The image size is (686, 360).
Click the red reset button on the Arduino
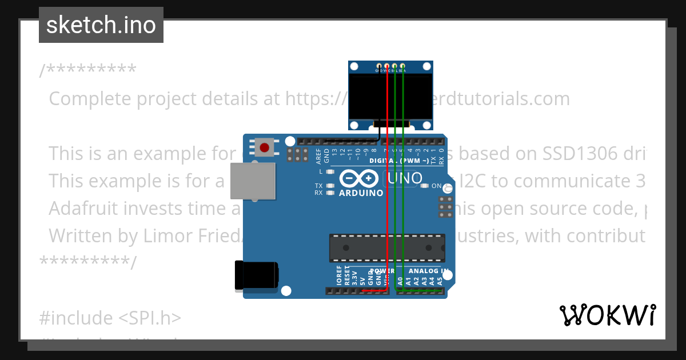[264, 147]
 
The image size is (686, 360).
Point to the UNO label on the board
[405, 178]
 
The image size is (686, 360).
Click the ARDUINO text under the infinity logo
[361, 193]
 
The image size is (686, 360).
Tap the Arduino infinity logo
[358, 179]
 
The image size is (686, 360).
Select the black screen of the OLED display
[391, 101]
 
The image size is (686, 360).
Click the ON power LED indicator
[425, 186]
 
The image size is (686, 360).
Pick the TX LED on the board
[330, 186]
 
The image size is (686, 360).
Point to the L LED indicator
[330, 171]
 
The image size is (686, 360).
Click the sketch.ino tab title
[101, 25]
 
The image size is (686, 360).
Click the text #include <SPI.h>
[110, 317]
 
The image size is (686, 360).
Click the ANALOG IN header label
[428, 271]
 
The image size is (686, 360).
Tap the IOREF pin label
[339, 275]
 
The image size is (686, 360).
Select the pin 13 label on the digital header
[334, 153]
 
